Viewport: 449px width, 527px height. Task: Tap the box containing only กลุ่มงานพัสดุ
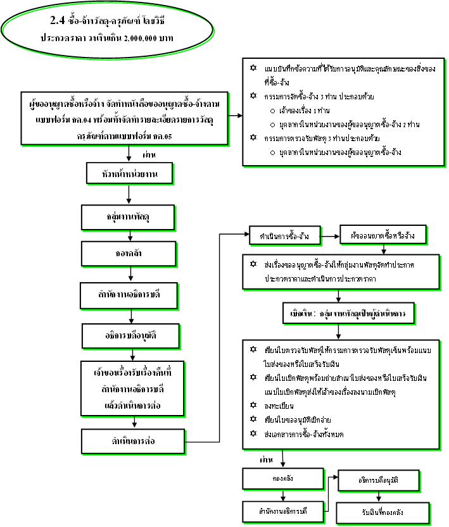128,218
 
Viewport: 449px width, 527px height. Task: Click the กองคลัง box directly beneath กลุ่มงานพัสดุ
130,254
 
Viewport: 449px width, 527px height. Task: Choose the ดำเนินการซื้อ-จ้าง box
284,236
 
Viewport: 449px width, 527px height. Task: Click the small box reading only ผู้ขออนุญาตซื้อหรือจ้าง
382,236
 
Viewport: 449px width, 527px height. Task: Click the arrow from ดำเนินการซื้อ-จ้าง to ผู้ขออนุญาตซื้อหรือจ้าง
329,236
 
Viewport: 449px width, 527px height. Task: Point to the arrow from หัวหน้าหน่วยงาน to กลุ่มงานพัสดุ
129,195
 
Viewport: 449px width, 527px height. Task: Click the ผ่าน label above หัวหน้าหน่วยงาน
150,153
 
